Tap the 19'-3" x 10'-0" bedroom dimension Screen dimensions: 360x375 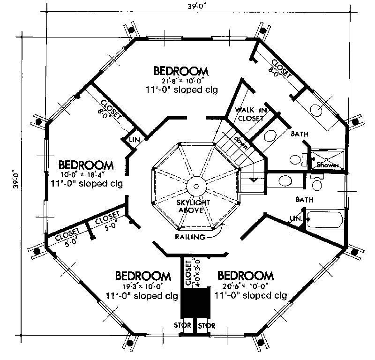pyautogui.click(x=142, y=286)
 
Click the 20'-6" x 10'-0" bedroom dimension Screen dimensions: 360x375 pyautogui.click(x=246, y=286)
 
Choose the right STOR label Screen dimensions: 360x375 pyautogui.click(x=206, y=325)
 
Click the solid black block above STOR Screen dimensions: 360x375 pyautogui.click(x=195, y=304)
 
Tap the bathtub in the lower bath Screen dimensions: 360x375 pyautogui.click(x=326, y=219)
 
